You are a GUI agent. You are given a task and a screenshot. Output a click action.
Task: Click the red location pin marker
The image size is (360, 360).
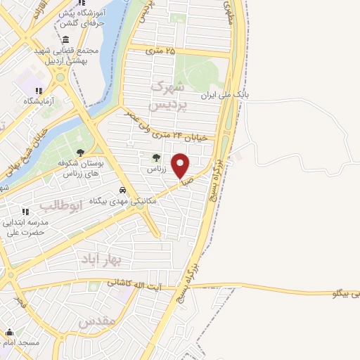point(181,165)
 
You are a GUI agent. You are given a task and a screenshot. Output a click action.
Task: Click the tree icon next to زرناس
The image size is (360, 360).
point(156,157)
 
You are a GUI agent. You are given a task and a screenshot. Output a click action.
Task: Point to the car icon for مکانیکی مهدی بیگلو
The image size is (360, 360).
point(123,190)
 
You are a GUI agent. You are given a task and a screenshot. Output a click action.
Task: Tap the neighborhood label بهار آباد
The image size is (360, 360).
point(102,259)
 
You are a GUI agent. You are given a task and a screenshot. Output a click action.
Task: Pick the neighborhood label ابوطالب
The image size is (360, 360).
point(62,205)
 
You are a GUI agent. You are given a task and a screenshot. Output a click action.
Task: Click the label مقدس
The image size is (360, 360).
point(96,323)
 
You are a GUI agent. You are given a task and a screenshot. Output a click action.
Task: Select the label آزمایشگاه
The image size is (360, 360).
point(24,101)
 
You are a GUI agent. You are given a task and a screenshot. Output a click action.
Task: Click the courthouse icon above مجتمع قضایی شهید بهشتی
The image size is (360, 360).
point(65,39)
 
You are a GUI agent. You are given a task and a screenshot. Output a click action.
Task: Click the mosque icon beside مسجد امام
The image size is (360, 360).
point(9,333)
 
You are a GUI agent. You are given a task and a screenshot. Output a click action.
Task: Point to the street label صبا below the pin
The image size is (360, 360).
point(188,181)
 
